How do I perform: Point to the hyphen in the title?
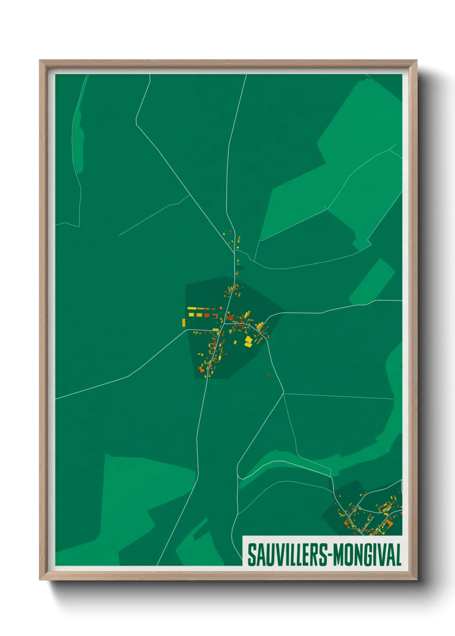coord(329,555)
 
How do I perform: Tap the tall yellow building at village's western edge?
coord(184,322)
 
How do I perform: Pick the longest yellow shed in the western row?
coord(192,308)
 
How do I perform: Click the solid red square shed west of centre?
coord(206,315)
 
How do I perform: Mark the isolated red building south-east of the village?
coord(269,374)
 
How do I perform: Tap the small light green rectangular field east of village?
coord(372,282)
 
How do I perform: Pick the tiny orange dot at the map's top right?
coord(367,79)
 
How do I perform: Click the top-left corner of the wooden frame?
coord(40,61)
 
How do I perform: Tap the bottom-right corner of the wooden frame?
coord(416,579)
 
